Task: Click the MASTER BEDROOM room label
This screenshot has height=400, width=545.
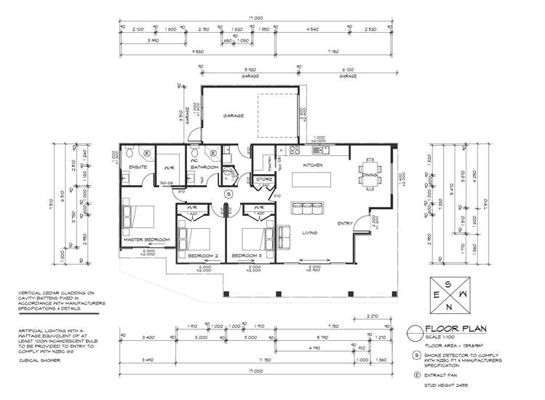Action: pos(146,240)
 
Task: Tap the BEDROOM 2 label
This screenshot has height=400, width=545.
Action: pos(203,256)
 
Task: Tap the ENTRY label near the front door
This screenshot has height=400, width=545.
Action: pos(344,223)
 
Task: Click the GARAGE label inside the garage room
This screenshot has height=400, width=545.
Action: pos(234,116)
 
